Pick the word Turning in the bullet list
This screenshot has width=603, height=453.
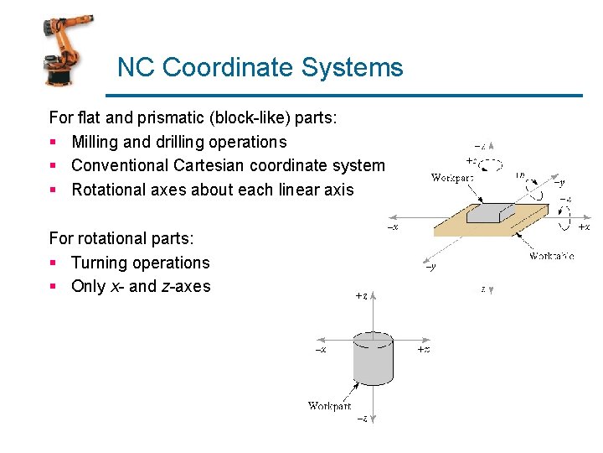[99, 263]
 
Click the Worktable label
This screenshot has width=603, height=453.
[551, 256]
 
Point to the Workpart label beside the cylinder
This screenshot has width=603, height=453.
[329, 406]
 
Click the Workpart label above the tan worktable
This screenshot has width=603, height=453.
[451, 177]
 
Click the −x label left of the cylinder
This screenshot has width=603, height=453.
[320, 349]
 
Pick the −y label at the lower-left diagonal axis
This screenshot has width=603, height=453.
[430, 267]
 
